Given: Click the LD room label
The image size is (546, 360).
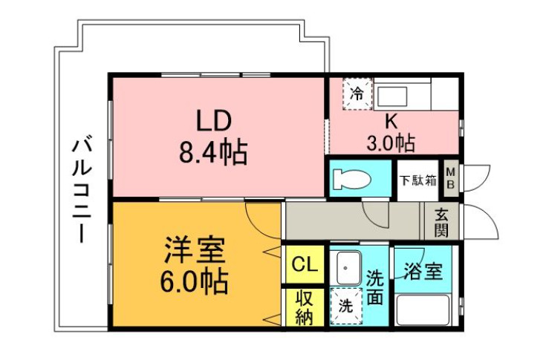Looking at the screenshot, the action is (214, 120).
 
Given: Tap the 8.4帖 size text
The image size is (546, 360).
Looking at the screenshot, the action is (213, 151).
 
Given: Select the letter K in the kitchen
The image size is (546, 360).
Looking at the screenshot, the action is (391, 122).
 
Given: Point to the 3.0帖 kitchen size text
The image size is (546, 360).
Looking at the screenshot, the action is (391, 143).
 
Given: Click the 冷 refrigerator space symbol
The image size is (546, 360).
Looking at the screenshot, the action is (357, 94).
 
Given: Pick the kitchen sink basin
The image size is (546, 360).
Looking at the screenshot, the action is (392, 96).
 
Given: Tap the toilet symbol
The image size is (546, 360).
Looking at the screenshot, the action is (351, 179).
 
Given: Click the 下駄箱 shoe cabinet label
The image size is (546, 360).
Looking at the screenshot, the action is (417, 180).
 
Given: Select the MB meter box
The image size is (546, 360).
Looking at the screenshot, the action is (451, 177).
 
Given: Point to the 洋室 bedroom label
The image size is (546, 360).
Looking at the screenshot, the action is (195, 250).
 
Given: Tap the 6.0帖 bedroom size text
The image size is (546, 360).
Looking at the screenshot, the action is (195, 281).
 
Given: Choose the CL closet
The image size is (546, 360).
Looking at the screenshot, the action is (305, 264).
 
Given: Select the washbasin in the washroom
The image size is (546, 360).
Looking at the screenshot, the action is (345, 268).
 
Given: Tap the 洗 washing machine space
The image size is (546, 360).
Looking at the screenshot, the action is (346, 306).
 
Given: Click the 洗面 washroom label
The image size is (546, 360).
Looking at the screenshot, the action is (375, 287).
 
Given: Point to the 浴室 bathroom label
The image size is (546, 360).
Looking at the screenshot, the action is (423, 271).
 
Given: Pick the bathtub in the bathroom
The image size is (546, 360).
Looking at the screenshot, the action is (423, 310).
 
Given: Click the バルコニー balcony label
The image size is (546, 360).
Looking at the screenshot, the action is (82, 190).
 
